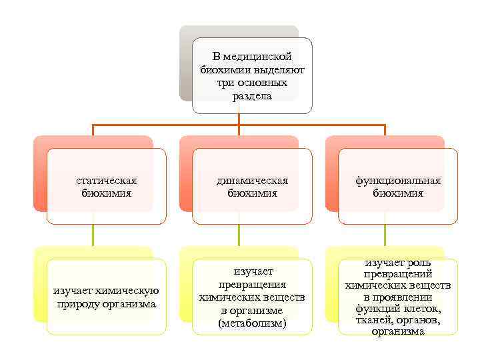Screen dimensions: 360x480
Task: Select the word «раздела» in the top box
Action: [x=252, y=96]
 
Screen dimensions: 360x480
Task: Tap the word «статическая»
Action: [x=107, y=181]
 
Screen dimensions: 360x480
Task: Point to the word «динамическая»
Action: [x=252, y=181]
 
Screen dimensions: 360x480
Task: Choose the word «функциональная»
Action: [x=398, y=181]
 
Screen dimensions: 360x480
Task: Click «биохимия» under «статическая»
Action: [x=107, y=193]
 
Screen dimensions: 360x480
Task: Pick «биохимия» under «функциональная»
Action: [x=398, y=193]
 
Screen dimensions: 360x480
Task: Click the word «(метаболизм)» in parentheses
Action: [x=252, y=323]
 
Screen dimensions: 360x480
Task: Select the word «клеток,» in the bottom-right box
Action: [x=421, y=309]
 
